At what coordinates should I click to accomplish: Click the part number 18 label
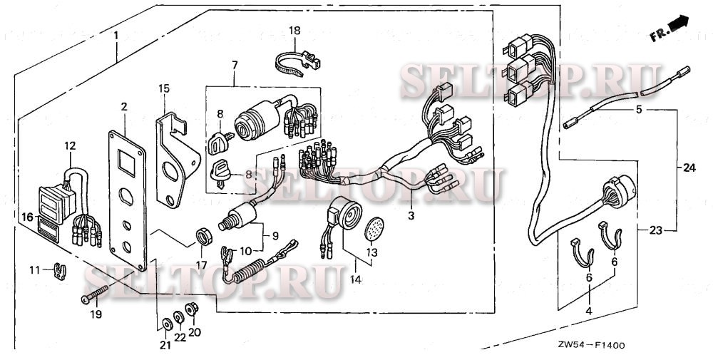click(x=295, y=30)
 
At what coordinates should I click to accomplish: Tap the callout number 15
click(x=164, y=88)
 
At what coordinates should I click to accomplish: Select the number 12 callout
click(x=69, y=146)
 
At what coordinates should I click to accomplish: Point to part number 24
click(x=688, y=168)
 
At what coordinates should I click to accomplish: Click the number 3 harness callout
click(x=411, y=215)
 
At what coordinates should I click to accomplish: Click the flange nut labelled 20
click(x=190, y=309)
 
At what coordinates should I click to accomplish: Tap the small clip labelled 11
click(x=60, y=271)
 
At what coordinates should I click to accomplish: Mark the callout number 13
click(x=371, y=252)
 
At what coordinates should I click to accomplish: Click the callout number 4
click(x=589, y=311)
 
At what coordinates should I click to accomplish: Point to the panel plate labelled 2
click(x=127, y=200)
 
